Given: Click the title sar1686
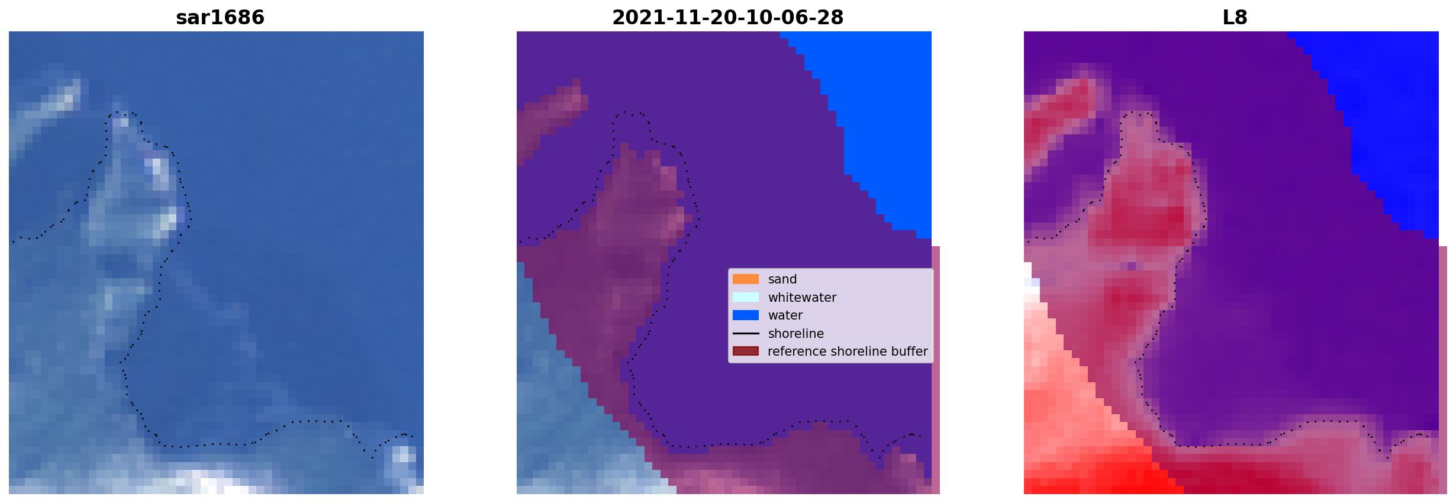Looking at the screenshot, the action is pos(220,18).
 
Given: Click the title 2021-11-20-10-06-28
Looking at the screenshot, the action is pos(727,18).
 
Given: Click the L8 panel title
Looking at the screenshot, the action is pos(1235,18).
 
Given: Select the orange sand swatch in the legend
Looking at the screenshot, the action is pos(746,279).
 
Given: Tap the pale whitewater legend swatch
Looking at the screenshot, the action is pos(746,297).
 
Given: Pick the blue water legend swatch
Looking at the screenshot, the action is pos(746,315).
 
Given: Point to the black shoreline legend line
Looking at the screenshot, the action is pos(746,334).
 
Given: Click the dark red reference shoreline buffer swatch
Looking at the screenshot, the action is pos(746,352).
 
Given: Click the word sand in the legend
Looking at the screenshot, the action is pos(782,279).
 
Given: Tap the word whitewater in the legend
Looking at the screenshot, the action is pos(802,298).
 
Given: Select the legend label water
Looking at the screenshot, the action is pos(785,315).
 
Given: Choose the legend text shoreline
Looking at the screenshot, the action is pos(796,334).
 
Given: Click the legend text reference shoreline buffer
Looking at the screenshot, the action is pos(848,352).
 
